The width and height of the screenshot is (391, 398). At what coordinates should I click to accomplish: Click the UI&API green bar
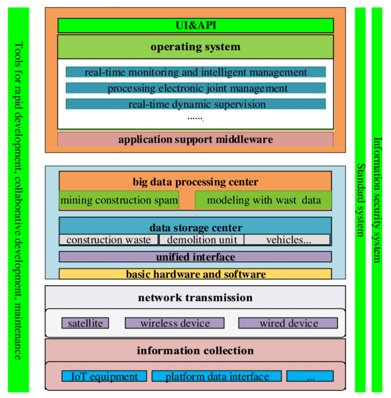click(x=196, y=25)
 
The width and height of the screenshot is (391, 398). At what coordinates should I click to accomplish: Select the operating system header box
click(x=196, y=47)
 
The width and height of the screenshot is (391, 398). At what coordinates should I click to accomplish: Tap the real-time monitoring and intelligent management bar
click(x=196, y=72)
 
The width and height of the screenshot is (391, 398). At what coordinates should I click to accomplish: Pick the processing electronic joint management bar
click(x=196, y=88)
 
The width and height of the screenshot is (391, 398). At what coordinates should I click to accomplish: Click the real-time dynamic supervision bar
click(x=196, y=104)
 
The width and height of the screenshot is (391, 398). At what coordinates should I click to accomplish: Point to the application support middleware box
click(x=196, y=139)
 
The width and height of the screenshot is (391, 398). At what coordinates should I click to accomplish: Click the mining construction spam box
click(x=119, y=200)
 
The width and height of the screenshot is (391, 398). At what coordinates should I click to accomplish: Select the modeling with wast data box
click(x=264, y=200)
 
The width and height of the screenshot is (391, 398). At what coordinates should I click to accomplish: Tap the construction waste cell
click(x=108, y=240)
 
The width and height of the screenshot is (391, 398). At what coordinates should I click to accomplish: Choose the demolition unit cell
click(x=201, y=240)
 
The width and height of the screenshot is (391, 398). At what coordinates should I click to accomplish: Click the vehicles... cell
click(x=288, y=240)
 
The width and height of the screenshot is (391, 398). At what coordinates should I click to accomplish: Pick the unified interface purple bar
click(x=195, y=257)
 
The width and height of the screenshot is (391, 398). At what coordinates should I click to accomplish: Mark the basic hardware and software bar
click(x=195, y=274)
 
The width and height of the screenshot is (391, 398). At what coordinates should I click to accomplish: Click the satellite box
click(x=85, y=323)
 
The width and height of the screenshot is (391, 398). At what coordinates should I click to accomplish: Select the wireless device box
click(x=175, y=323)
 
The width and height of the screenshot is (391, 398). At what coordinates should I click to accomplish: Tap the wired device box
click(x=288, y=323)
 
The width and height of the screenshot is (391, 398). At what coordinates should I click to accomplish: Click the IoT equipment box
click(x=104, y=376)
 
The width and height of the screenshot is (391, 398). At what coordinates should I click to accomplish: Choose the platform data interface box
click(x=216, y=376)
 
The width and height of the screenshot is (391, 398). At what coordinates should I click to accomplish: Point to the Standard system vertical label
click(x=361, y=199)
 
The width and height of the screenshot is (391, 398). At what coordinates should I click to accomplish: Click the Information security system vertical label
click(x=377, y=199)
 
